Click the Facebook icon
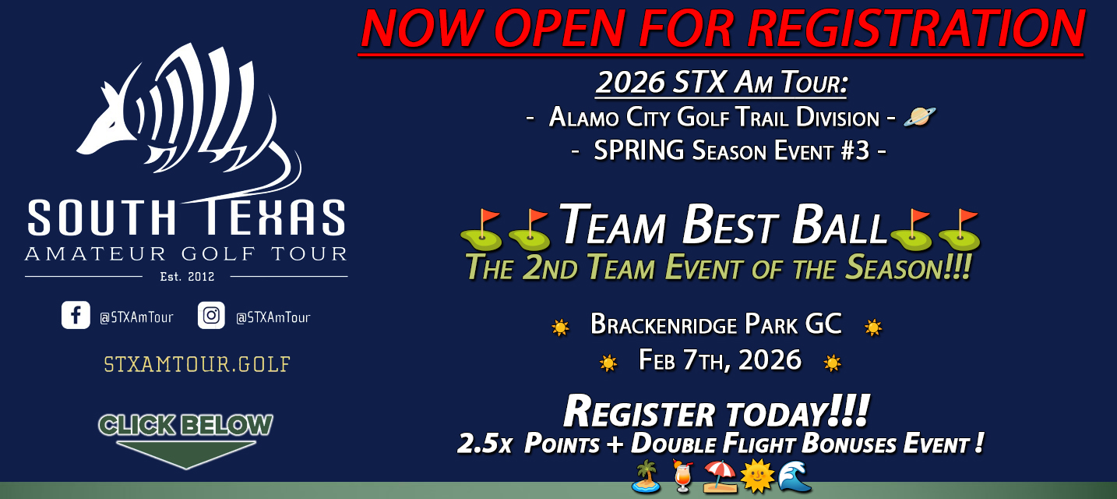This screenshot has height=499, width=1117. [76, 316]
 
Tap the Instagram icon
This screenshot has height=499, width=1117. [211, 316]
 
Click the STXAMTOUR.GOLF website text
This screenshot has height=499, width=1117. [197, 364]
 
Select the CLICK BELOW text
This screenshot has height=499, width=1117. [185, 425]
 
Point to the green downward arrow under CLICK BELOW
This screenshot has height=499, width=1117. [185, 454]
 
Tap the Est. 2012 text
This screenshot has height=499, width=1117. [186, 276]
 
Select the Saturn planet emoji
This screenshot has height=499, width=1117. [919, 117]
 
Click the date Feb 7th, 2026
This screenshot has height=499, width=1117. [720, 360]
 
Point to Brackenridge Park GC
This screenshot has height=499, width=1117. [716, 324]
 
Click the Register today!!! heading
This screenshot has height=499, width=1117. [716, 411]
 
